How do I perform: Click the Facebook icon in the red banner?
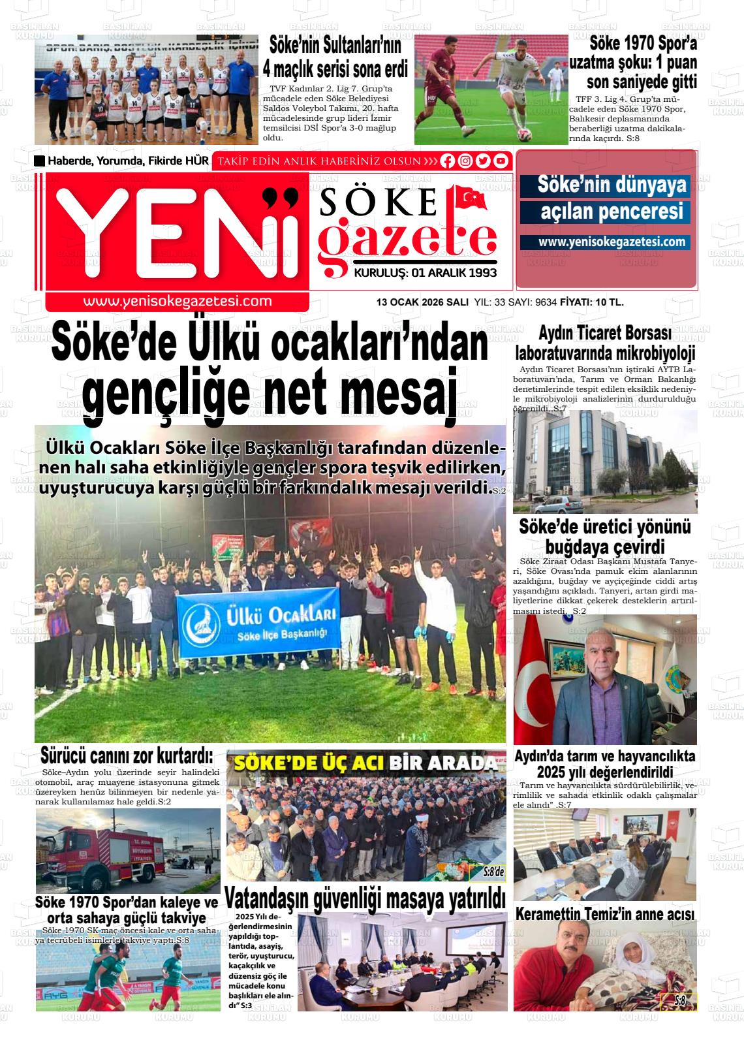pos(448,161)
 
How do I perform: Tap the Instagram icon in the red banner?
pos(465,161)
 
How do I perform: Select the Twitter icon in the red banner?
pos(483,161)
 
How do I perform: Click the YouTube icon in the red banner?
pos(501,161)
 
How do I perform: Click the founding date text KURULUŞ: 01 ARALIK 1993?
pos(425,273)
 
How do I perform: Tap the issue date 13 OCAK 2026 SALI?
pos(422,302)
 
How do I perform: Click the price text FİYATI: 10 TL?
pos(592,302)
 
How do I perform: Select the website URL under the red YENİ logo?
pos(177,301)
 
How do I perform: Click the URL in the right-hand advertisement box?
pos(612,242)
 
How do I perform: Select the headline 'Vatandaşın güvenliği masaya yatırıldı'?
pos(365,898)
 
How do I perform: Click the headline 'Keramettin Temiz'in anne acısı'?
pos(604,914)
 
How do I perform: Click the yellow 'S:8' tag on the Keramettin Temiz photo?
pos(679,1001)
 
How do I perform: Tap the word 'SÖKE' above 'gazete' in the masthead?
pos(379,202)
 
